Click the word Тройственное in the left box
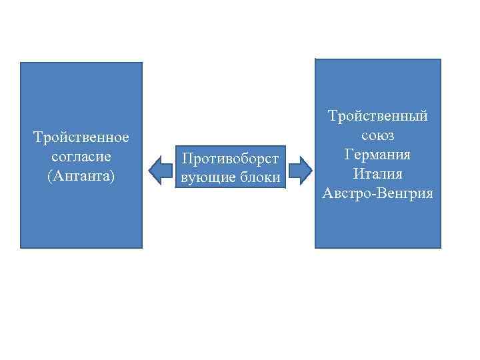81,137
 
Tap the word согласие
81,158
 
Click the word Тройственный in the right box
377,116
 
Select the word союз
377,135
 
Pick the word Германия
377,155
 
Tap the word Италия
377,174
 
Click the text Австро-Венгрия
377,193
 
